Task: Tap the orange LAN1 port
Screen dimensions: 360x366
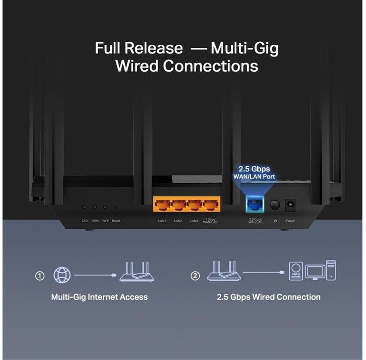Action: coord(162,205)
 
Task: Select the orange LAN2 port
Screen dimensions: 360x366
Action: coord(178,205)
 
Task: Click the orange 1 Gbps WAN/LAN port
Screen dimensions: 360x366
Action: coord(210,205)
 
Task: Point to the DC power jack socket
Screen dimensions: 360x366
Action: coord(291,205)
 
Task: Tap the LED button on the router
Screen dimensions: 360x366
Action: coord(84,207)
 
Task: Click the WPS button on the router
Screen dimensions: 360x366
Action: coord(95,207)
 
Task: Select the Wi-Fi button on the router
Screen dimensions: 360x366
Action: coord(105,207)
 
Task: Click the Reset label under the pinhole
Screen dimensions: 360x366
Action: coord(116,221)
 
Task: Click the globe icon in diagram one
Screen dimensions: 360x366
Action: coord(63,275)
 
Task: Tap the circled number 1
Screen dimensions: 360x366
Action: coord(40,276)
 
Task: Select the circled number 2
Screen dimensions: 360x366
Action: coord(195,276)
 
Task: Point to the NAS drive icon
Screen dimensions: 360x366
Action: coord(296,271)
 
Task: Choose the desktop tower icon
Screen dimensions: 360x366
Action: coord(331,269)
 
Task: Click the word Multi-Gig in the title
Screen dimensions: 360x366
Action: coord(245,48)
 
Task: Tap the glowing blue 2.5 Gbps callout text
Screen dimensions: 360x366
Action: coord(254,169)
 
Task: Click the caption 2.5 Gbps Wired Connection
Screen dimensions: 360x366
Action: coord(268,297)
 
